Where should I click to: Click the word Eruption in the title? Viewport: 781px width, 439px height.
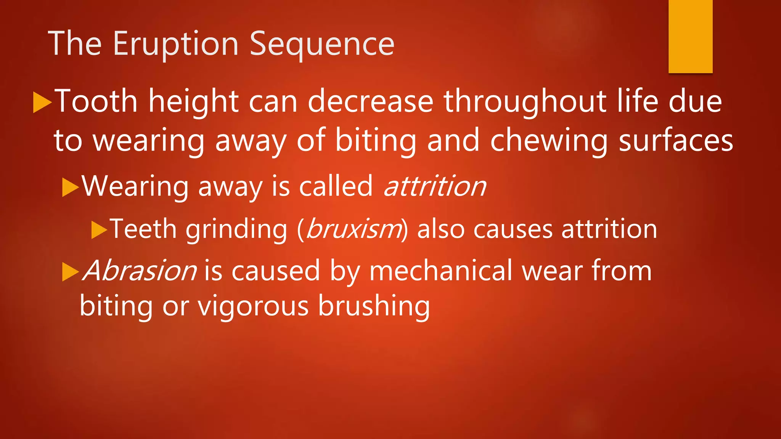point(175,45)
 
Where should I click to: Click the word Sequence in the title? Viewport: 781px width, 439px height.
point(322,45)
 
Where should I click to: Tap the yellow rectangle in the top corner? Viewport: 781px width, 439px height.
point(690,36)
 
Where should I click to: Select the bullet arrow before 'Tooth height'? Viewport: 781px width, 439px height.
point(42,102)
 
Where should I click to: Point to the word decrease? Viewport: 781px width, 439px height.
point(370,101)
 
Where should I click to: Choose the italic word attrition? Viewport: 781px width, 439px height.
point(435,186)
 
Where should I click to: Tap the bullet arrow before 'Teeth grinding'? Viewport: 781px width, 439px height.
point(99,230)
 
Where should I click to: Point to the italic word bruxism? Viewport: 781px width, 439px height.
point(354,229)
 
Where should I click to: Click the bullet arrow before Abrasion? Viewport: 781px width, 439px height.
point(70,271)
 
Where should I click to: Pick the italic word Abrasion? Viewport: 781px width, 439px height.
point(140,271)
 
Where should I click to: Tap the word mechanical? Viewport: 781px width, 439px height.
point(440,271)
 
